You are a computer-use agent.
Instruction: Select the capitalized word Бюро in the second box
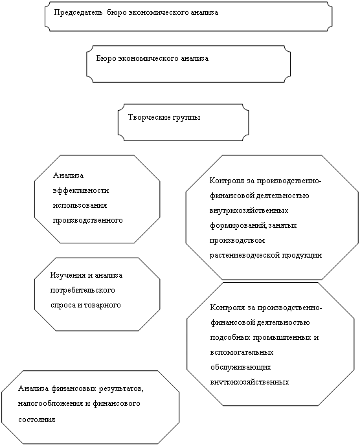tap(106, 59)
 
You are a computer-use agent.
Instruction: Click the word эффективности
tap(81, 190)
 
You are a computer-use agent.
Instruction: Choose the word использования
tap(80, 205)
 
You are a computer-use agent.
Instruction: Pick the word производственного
tap(88, 221)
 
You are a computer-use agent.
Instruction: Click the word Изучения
tap(68, 276)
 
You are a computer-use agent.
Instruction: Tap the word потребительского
tap(83, 291)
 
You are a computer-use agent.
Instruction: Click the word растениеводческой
tap(245, 255)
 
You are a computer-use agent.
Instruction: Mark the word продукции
tap(302, 256)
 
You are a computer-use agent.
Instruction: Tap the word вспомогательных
tap(242, 352)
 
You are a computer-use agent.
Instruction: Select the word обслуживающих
tap(241, 368)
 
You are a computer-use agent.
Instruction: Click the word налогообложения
tap(51, 404)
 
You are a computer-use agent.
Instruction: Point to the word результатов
tap(121, 389)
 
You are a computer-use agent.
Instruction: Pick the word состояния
tap(37, 420)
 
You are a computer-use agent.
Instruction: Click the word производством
tap(238, 241)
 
